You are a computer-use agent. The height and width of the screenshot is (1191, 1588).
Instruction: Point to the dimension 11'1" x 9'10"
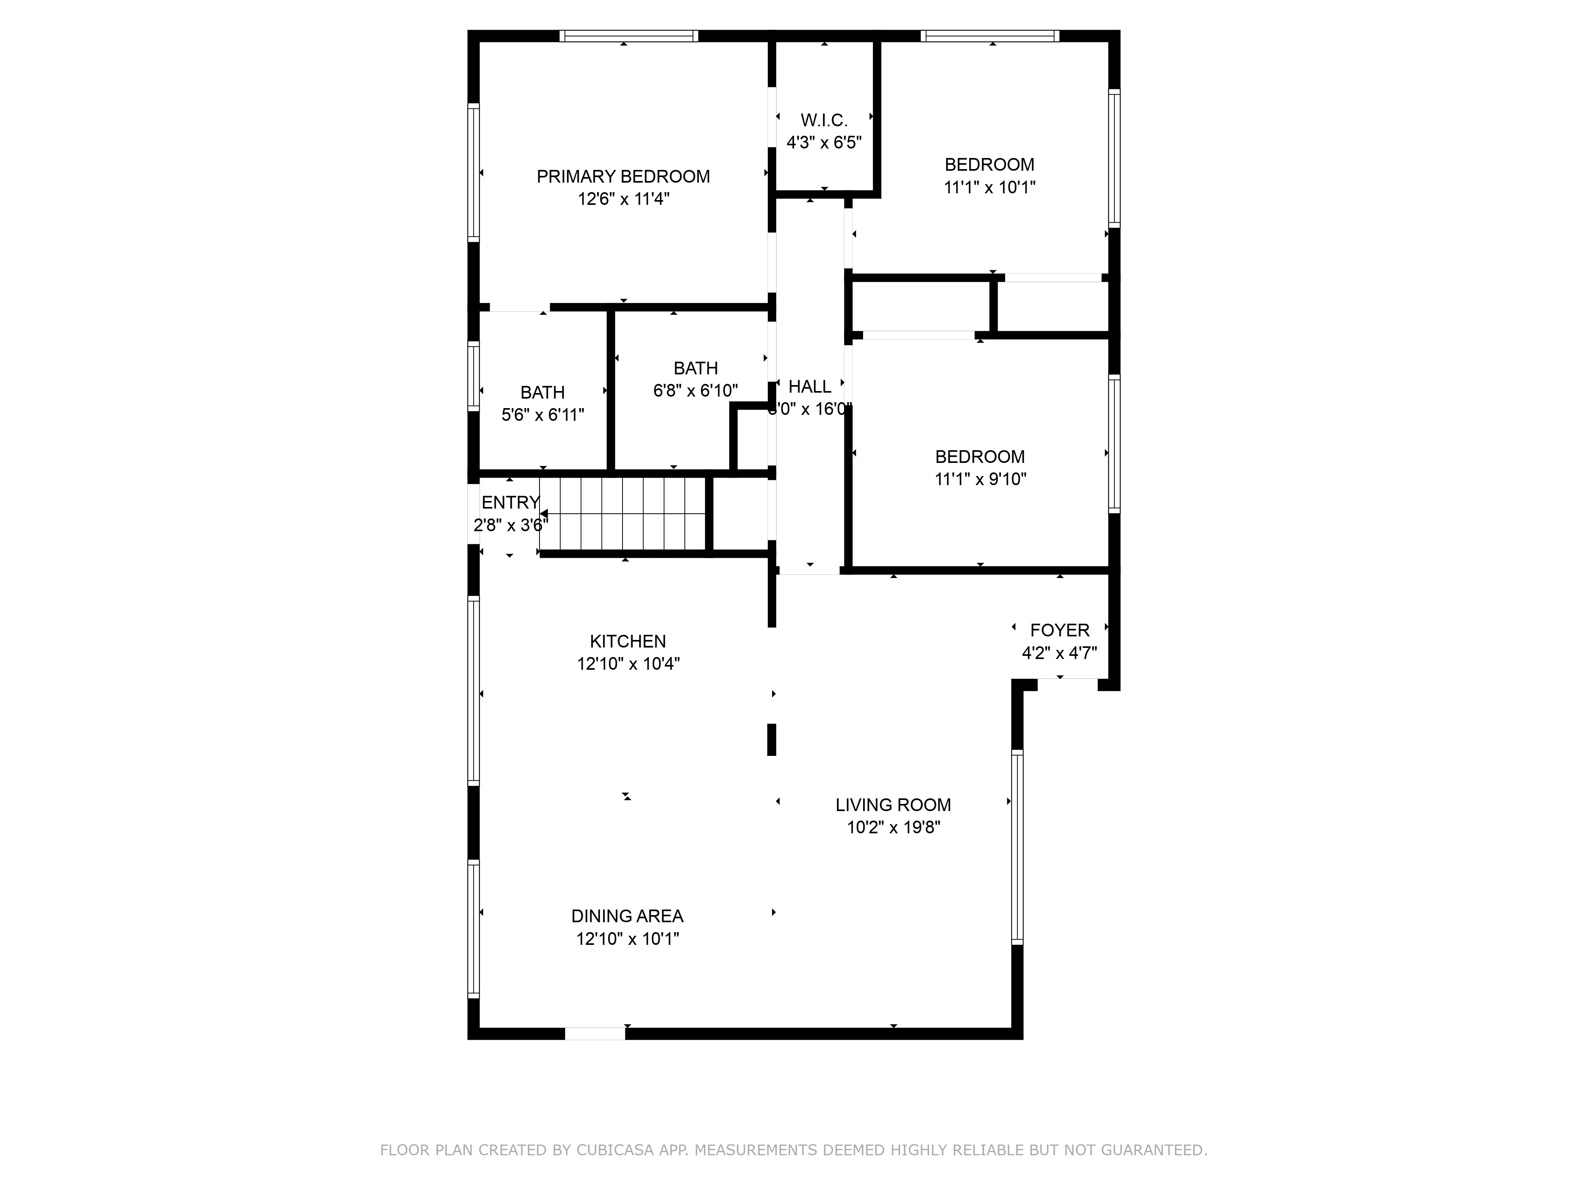tap(980, 480)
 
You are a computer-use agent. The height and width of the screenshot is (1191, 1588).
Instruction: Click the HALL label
tap(810, 387)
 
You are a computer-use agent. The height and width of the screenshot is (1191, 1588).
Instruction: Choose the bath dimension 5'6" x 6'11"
tap(543, 415)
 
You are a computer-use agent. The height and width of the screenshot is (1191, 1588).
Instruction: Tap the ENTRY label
tap(511, 503)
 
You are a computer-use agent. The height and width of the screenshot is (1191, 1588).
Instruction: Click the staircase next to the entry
tap(623, 514)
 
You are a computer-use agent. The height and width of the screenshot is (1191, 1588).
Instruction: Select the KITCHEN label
tap(627, 641)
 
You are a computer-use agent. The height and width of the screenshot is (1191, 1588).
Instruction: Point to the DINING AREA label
tap(627, 916)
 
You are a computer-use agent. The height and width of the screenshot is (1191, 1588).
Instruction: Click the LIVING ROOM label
tap(893, 805)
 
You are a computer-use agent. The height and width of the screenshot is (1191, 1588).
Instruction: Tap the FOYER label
tap(1060, 630)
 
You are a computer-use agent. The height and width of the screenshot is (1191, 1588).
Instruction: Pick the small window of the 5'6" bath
tap(473, 376)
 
